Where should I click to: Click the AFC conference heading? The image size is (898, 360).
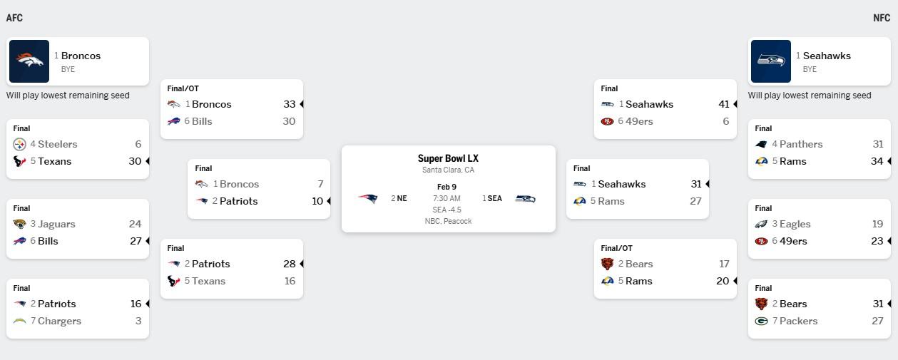14,18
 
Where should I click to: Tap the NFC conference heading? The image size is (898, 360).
882,18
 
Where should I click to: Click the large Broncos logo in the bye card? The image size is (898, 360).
29,61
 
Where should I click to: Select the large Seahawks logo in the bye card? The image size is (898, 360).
770,61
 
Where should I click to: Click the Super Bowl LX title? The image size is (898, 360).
448,158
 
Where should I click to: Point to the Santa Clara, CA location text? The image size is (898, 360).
448,170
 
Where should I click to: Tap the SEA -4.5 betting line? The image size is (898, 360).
447,210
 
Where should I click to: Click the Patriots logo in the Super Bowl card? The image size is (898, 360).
368,198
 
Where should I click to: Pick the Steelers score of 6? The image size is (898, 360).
138,144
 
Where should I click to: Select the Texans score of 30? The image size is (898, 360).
135,161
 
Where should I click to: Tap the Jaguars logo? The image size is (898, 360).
20,224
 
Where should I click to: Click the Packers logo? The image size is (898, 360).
761,321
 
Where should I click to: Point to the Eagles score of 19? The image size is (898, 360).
877,224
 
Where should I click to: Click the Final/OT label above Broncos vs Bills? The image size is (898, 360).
183,88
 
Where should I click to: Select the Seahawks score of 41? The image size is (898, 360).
724,104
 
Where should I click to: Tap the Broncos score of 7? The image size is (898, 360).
320,184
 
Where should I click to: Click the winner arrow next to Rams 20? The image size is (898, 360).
735,281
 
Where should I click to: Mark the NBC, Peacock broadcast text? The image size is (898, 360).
448,221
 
